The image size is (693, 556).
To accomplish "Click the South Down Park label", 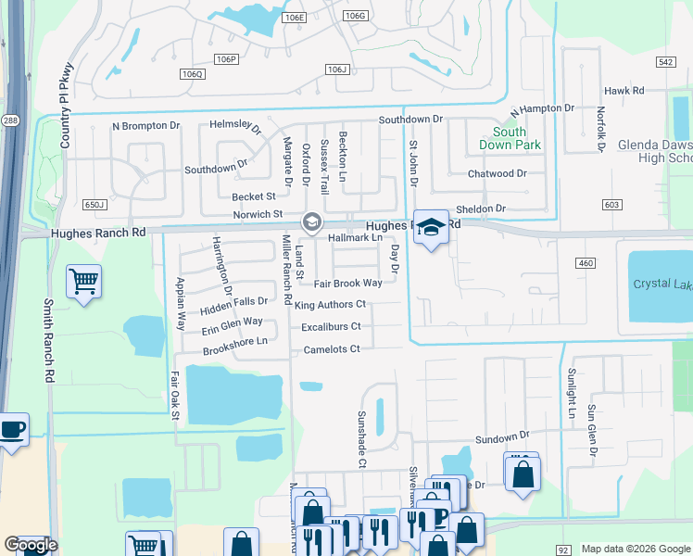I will click(510, 139).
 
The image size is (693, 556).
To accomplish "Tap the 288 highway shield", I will click(9, 120).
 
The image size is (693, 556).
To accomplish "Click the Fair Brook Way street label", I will click(347, 284).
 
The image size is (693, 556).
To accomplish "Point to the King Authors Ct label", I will click(331, 304).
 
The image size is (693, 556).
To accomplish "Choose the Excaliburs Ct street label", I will click(331, 326).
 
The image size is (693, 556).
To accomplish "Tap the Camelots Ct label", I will click(331, 348).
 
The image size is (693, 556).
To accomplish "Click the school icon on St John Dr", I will click(431, 227).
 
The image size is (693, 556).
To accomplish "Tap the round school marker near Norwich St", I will click(311, 222).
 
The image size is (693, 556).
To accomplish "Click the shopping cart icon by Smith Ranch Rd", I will click(83, 280).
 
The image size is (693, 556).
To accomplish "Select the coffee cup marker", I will click(12, 430).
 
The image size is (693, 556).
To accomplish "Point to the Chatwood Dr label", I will click(498, 173).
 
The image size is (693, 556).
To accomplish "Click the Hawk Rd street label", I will click(624, 91).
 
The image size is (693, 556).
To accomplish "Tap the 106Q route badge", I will click(193, 74).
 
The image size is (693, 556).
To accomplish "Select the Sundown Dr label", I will click(502, 436).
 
